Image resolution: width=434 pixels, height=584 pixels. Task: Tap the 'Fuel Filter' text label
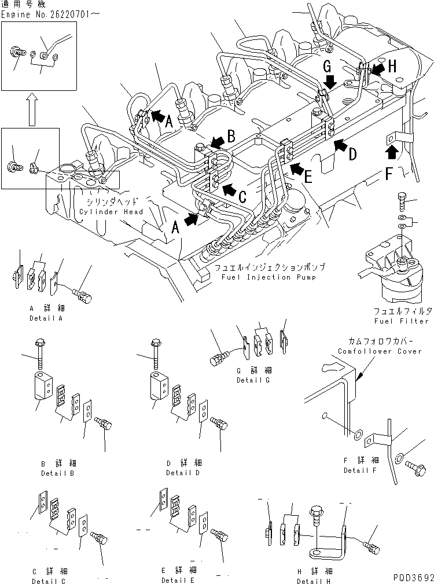coord(402,321)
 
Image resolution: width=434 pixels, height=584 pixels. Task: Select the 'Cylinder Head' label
coord(109,212)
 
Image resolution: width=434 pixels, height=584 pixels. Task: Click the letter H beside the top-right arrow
coord(392,67)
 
